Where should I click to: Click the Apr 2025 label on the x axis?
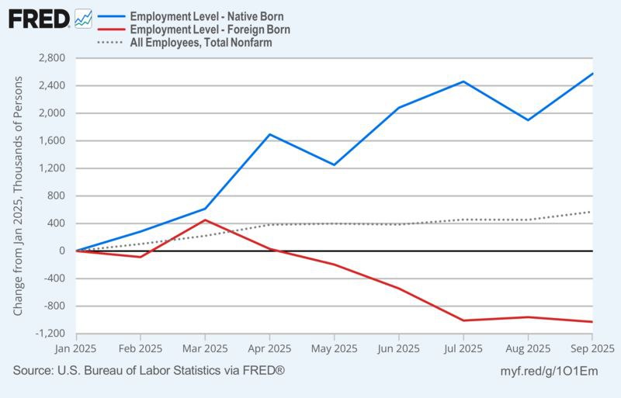tap(269, 349)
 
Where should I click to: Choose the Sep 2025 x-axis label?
tap(592, 349)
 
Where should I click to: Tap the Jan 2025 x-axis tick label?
tap(76, 349)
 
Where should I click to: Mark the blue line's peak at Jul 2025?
tap(463, 81)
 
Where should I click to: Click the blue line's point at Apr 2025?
tap(269, 134)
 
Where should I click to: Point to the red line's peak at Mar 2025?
tap(205, 220)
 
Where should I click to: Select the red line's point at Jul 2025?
tap(463, 320)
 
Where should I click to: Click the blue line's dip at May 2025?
tap(334, 164)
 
